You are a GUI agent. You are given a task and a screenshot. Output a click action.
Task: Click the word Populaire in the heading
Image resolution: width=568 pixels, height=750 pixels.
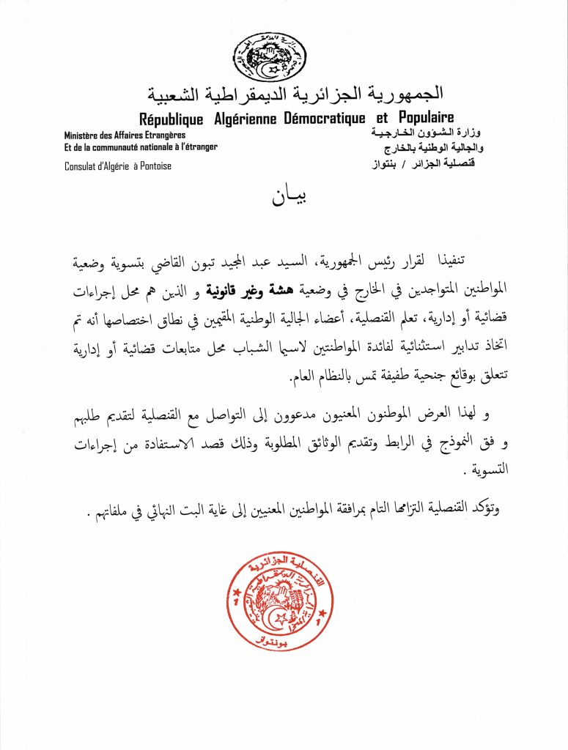(427, 118)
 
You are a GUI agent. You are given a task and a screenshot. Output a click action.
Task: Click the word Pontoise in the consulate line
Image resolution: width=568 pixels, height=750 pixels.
(152, 166)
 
